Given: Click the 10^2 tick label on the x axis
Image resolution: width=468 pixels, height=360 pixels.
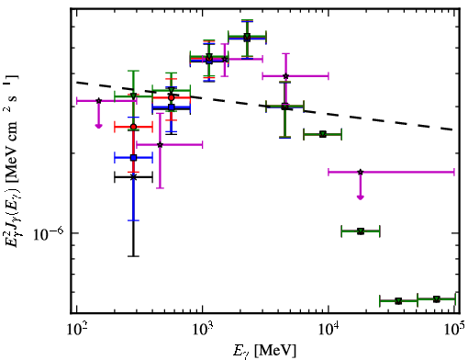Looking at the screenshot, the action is click(x=76, y=330).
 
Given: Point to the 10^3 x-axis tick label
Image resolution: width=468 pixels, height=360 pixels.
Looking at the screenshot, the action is click(x=203, y=330).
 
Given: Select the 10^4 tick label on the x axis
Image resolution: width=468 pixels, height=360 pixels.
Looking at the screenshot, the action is click(x=329, y=330).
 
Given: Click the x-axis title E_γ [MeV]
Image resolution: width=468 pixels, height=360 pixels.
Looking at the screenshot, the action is click(x=264, y=351).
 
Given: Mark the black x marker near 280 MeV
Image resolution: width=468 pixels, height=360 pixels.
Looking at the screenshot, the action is click(x=133, y=177).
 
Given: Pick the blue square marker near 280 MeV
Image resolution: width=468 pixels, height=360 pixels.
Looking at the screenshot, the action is click(x=133, y=158).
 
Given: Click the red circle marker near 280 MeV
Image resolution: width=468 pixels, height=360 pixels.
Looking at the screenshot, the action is click(x=133, y=127).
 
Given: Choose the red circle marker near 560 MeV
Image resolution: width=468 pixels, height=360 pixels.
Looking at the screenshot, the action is click(x=172, y=97).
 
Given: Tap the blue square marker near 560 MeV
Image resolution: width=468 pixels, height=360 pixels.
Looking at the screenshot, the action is click(x=172, y=107).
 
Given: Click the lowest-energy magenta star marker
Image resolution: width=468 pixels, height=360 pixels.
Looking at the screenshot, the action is click(x=98, y=100).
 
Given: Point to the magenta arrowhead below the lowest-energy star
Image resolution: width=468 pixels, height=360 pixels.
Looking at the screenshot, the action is click(x=98, y=126).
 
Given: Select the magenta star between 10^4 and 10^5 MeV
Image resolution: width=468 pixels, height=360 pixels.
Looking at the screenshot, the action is click(x=361, y=172).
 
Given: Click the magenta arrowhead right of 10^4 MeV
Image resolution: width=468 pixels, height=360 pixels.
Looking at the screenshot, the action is click(x=361, y=197).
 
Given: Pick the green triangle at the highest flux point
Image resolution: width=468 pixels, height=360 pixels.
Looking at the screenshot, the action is click(x=247, y=37).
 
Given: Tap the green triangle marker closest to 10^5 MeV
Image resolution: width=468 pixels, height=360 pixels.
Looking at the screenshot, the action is click(x=437, y=298).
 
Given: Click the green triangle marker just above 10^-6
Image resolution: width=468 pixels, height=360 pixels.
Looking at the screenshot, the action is click(x=361, y=231).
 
